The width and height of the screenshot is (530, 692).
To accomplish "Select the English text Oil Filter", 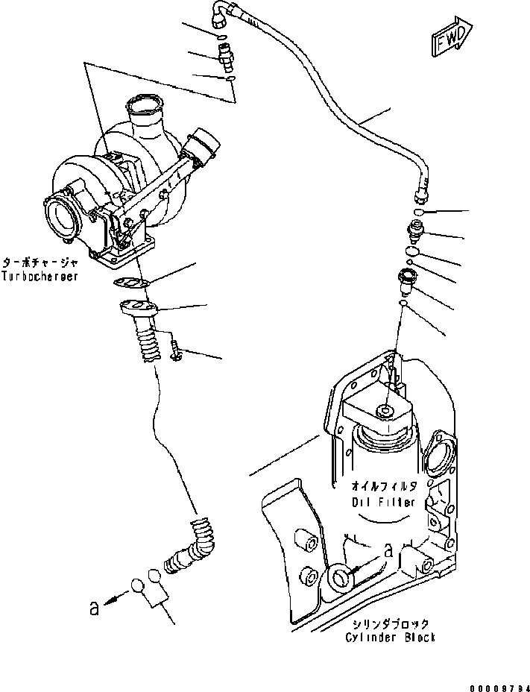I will coord(383,502).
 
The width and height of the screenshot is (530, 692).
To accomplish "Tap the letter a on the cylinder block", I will coord(388,550).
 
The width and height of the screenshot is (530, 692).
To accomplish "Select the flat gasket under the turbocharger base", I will coord(130,282).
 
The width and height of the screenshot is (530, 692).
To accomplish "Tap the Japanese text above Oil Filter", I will coord(383,487).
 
